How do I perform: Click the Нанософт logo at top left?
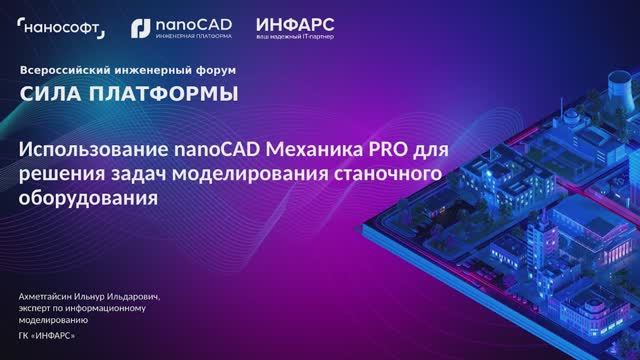(62, 27)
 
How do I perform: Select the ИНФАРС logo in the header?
(295, 22)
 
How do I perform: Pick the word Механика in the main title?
(308, 152)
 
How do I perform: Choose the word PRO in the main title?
(386, 152)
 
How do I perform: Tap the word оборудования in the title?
(90, 198)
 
